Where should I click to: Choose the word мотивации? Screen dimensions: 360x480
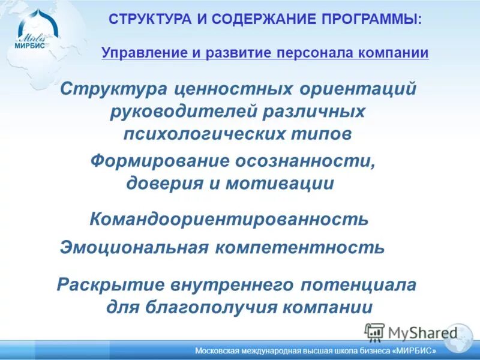pos(279,183)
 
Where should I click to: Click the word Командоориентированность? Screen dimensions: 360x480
pos(229,219)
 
